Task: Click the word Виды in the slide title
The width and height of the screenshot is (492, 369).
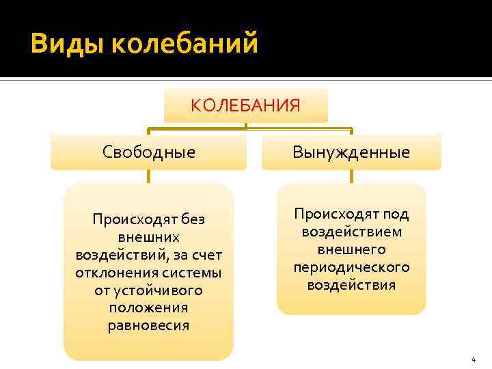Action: coord(66,44)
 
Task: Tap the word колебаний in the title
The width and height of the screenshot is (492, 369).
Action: coord(184,44)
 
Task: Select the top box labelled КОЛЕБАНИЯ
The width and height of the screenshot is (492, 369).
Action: coord(245,105)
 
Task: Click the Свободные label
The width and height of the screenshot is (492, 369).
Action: coord(148,152)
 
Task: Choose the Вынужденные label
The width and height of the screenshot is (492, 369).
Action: coord(351,152)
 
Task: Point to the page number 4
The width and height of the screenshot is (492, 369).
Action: coord(472,359)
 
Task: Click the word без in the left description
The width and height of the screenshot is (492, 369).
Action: coord(193,219)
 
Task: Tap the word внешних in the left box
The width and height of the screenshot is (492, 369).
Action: coord(148,237)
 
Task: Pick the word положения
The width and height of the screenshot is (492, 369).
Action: coord(148,308)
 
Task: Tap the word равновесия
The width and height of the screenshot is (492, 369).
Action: coord(148,326)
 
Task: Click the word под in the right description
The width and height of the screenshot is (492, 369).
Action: coord(396,214)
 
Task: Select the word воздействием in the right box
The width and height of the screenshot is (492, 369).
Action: coord(351,232)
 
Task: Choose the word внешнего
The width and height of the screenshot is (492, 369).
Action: coord(351,249)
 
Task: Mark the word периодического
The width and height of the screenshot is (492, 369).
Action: coord(351,267)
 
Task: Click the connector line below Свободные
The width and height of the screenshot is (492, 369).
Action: coord(148,176)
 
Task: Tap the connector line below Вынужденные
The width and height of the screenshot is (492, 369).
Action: coord(351,176)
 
